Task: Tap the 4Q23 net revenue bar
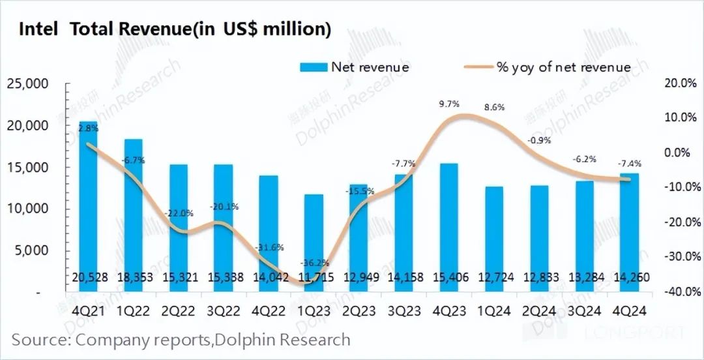point(449,228)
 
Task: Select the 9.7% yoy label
point(450,104)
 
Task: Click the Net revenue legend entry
point(355,67)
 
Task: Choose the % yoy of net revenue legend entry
point(546,67)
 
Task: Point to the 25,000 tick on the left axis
point(27,84)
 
